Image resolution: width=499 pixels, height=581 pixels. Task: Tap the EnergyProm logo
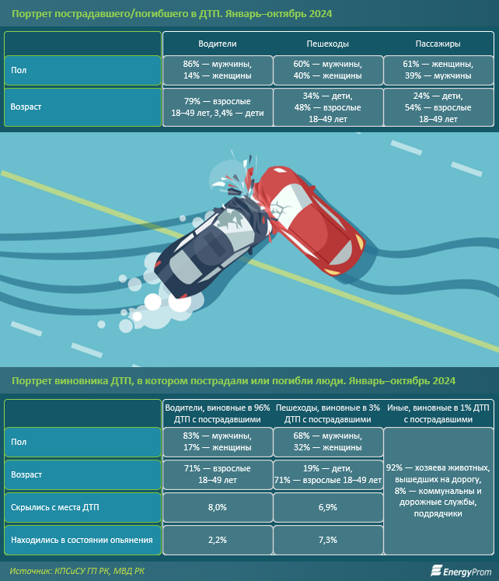coord(461,571)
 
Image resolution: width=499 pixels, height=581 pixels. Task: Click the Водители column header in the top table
coord(218,44)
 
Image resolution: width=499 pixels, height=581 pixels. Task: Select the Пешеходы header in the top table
coord(327,44)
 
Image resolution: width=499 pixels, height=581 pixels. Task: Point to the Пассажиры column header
coord(438,44)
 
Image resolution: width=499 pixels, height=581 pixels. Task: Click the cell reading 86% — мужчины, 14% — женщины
coord(218,70)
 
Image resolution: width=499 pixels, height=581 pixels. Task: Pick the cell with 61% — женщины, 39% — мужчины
coord(438,70)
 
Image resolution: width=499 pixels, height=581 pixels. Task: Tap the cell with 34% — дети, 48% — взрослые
coord(328,107)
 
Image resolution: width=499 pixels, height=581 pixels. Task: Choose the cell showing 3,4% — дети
coord(218,107)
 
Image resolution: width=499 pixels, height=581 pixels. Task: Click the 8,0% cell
coord(218,507)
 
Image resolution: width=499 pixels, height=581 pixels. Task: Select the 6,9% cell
coord(328,507)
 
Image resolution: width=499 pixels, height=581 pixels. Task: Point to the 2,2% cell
coord(218,540)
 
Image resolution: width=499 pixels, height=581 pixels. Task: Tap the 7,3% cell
coord(328,540)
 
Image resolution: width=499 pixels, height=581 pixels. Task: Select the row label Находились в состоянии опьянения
coord(82,540)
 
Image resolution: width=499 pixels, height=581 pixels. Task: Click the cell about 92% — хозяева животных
coord(438,491)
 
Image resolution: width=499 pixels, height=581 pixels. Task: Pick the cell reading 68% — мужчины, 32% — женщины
coord(328,442)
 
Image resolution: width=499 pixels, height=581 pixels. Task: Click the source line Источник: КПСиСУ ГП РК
coord(77,571)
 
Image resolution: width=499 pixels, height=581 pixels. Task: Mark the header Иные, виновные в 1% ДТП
coord(438,414)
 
